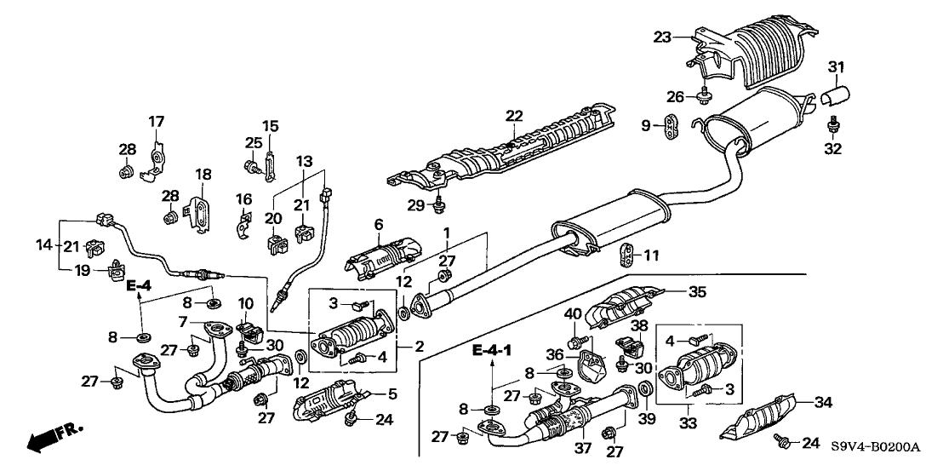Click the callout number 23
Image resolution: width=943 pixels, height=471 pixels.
[x=663, y=37]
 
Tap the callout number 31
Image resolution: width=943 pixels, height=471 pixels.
[x=837, y=68]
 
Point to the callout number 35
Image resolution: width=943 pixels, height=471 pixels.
[x=697, y=291]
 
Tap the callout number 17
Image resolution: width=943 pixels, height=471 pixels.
[x=157, y=121]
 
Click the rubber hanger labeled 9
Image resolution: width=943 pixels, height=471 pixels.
[x=672, y=127]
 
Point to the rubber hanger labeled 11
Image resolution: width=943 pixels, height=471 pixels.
[x=627, y=254]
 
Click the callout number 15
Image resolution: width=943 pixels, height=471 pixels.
[x=271, y=126]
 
